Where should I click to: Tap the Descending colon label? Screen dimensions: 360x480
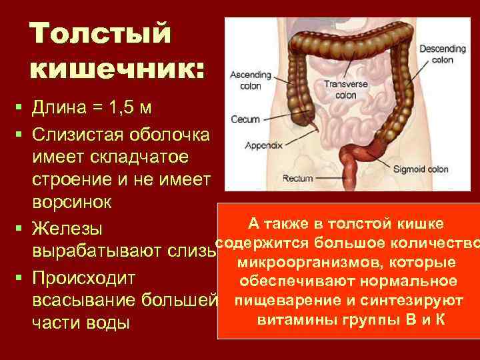(437, 54)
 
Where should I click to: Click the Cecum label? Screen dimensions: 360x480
(245, 120)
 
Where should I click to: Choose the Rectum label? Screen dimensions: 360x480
(297, 179)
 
